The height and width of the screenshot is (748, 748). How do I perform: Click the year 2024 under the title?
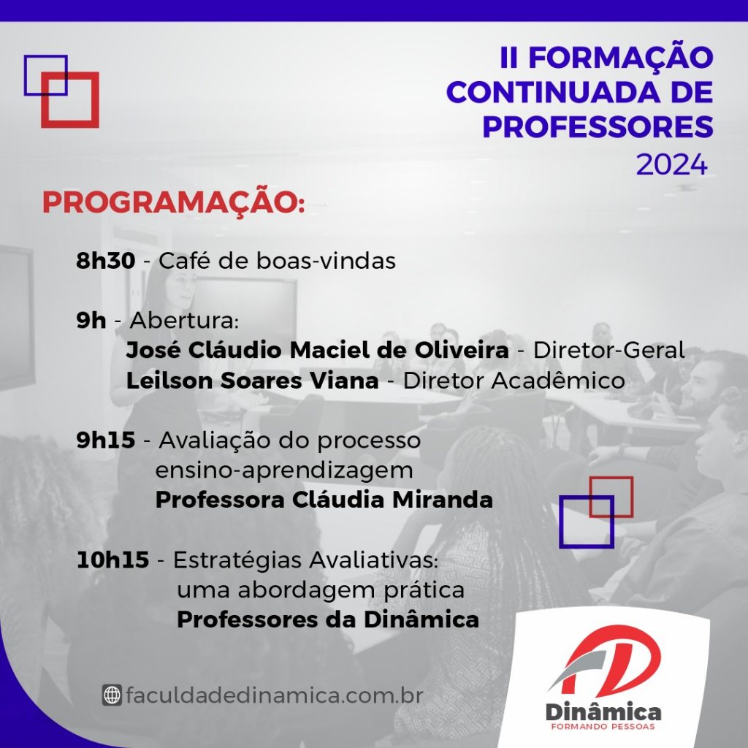[x=672, y=165]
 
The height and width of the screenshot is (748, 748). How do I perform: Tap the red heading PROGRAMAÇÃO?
[x=174, y=202]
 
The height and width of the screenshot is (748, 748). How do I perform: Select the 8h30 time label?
[x=106, y=261]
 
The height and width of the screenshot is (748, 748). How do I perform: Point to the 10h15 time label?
[x=112, y=560]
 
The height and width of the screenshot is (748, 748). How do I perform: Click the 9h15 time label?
[x=106, y=440]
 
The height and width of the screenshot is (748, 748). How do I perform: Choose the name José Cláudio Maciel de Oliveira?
[x=317, y=350]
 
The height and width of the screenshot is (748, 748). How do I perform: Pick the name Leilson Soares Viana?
[x=252, y=381]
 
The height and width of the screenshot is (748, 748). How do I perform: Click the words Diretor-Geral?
[x=609, y=350]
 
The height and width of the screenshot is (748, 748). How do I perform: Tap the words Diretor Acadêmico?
[x=514, y=381]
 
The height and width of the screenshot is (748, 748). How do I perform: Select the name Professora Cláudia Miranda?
[x=324, y=500]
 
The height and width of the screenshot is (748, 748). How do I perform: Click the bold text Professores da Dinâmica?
[x=328, y=619]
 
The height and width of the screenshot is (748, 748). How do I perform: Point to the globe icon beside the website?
[x=112, y=695]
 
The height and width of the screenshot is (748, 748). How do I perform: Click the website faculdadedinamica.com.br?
[x=275, y=695]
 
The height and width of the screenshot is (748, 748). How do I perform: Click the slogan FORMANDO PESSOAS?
[x=603, y=727]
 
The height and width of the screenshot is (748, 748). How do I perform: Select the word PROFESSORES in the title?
[x=598, y=126]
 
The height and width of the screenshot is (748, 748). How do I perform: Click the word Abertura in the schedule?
[x=184, y=321]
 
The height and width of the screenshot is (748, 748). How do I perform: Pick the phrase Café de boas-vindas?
[x=277, y=261]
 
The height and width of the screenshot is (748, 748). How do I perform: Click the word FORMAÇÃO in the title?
[x=621, y=57]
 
